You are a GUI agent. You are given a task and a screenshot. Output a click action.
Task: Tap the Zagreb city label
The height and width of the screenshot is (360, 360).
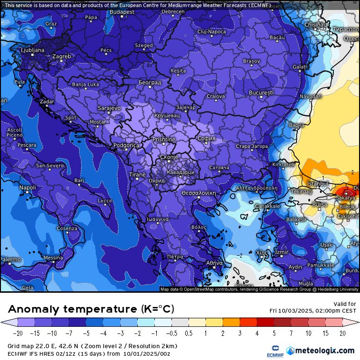(62, 56)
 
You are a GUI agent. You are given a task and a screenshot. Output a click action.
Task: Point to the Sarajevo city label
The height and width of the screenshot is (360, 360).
(109, 108)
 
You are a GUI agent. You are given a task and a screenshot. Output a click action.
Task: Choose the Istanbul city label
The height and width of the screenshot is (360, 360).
(318, 183)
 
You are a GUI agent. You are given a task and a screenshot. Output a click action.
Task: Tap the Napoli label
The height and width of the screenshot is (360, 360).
(27, 188)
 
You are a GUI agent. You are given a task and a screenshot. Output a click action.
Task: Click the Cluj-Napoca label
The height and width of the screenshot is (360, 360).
(211, 32)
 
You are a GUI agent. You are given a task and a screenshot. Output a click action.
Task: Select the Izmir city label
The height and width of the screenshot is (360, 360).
(282, 252)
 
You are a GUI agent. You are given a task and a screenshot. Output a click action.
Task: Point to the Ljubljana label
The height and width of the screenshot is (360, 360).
(33, 50)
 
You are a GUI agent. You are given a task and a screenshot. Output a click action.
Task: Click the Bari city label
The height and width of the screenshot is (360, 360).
(79, 180)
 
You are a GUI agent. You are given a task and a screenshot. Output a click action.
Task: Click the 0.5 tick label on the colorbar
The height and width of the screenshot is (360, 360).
(189, 333)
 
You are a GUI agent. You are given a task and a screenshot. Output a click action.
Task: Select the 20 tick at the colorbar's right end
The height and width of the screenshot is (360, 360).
(342, 333)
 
